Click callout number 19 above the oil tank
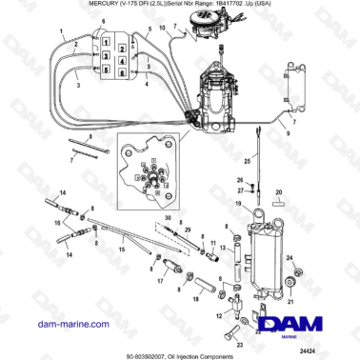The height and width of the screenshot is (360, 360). (x=238, y=206)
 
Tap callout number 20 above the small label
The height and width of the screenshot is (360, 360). (x=279, y=191)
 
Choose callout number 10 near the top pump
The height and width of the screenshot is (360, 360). (x=163, y=30)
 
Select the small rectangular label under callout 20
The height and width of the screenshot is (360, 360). (x=279, y=203)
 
